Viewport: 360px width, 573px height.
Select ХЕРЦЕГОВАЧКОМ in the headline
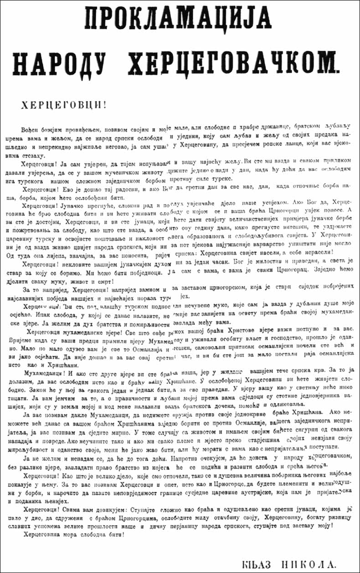(x=237, y=62)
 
